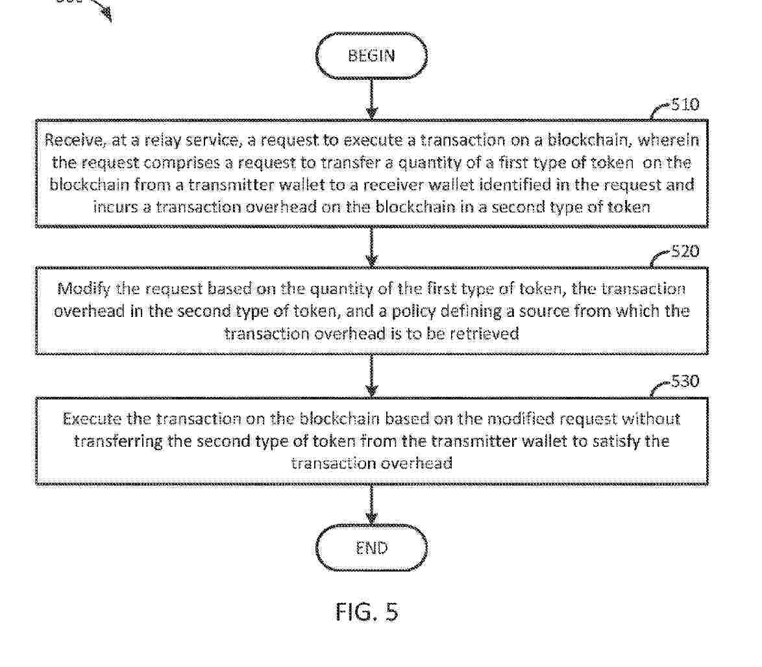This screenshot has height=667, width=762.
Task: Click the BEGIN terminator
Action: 371,55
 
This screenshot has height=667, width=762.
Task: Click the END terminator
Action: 371,548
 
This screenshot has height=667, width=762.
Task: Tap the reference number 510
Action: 685,105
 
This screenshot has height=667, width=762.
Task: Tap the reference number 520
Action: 685,251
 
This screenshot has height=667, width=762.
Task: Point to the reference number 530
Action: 685,381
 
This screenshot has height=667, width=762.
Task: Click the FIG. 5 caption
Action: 367,612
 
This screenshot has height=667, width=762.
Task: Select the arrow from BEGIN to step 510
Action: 372,99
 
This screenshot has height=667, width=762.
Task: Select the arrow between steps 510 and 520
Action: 372,247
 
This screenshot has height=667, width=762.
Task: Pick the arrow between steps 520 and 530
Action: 372,376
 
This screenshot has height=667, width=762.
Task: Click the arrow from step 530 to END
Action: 372,505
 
